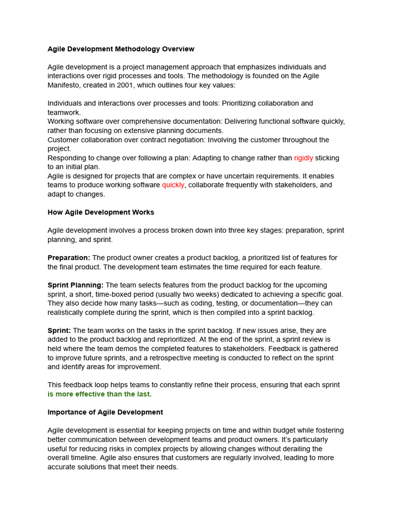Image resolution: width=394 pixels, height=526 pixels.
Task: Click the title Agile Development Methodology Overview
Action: [121, 49]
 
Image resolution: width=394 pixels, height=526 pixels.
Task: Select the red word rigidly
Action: [303, 158]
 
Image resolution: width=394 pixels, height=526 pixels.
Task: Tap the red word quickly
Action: [173, 185]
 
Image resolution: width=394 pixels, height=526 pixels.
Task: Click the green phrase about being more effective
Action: [100, 394]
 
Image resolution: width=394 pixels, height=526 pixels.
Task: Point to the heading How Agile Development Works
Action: [101, 212]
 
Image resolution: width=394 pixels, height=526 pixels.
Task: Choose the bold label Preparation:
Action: [69, 257]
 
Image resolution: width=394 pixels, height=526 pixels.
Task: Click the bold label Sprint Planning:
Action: [75, 285]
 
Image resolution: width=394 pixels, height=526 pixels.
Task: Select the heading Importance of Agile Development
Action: [105, 412]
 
